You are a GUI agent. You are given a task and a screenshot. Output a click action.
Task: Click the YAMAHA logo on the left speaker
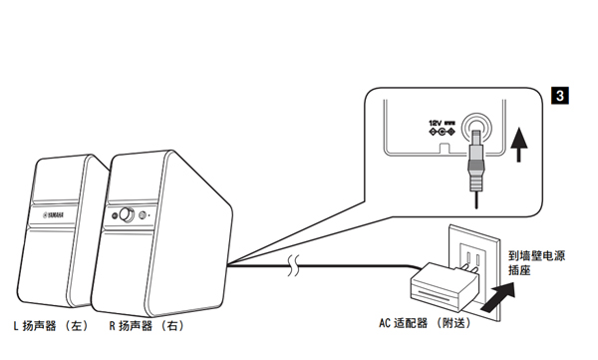53,215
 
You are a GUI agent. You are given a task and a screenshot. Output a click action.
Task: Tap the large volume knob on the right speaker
127,215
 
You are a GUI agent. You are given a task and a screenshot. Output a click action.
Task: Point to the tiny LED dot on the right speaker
149,215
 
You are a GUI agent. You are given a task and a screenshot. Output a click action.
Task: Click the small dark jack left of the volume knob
115,215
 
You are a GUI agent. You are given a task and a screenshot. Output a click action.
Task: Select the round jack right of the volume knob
143,215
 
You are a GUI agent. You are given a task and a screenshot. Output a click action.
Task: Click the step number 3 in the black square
559,95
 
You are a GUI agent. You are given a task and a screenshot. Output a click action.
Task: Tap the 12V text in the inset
435,123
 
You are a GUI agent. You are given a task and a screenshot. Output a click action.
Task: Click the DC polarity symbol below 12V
442,132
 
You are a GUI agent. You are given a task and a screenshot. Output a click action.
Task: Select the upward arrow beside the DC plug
518,145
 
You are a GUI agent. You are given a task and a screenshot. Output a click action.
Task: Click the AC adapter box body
444,287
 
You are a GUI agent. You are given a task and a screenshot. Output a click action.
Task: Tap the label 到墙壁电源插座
536,262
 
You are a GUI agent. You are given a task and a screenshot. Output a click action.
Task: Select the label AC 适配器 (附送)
425,323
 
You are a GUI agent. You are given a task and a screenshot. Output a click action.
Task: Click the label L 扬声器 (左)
51,326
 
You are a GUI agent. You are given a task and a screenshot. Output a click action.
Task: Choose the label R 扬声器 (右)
147,326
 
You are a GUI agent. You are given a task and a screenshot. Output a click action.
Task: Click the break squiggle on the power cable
293,265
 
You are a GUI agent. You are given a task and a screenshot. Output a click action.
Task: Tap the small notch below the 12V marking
445,150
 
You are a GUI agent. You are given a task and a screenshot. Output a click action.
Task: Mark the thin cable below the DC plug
476,199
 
